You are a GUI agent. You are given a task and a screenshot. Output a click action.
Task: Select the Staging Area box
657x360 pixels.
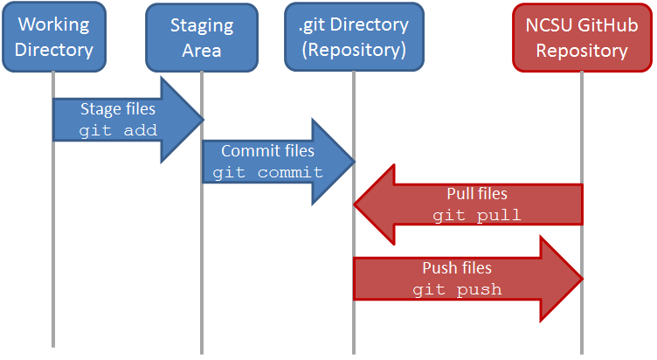click(x=202, y=37)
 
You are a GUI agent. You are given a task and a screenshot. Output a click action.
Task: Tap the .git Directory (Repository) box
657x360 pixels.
click(x=353, y=36)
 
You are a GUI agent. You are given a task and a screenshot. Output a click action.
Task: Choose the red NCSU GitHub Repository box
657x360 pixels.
click(x=582, y=37)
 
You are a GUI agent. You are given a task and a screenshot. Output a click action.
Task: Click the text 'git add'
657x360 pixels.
click(x=118, y=130)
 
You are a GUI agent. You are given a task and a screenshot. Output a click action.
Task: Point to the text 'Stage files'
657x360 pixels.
click(x=118, y=109)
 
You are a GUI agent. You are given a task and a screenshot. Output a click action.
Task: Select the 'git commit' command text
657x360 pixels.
click(x=267, y=172)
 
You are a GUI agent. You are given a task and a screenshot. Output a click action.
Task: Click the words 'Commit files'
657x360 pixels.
click(x=267, y=151)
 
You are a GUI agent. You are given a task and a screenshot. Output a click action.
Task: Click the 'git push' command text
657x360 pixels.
click(x=457, y=289)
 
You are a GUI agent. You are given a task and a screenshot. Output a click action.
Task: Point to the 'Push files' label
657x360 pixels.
click(x=457, y=268)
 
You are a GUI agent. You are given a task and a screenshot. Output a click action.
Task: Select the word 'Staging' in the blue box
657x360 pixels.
click(x=202, y=26)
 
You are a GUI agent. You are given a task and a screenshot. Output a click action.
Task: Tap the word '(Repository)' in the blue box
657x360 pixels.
click(x=353, y=49)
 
